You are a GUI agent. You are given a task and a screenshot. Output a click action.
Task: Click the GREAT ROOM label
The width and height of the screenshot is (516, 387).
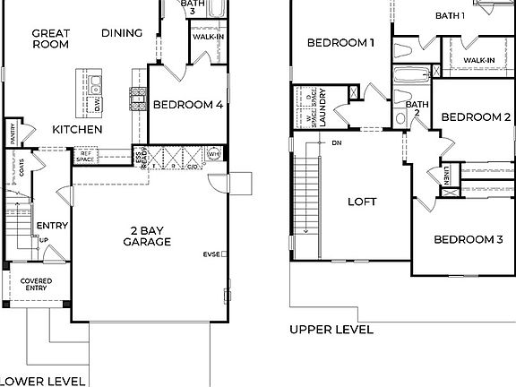[x=51, y=40]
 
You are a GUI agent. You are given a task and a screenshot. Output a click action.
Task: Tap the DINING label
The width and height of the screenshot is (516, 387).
[x=122, y=33]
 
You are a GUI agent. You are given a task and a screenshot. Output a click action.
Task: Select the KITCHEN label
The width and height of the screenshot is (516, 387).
[x=76, y=130]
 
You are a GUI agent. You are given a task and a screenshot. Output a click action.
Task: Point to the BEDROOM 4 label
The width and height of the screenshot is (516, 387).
[x=187, y=105]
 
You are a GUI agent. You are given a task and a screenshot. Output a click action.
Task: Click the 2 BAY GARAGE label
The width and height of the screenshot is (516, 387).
[x=148, y=236]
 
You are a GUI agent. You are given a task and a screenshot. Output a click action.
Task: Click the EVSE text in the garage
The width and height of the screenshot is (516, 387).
[x=212, y=254]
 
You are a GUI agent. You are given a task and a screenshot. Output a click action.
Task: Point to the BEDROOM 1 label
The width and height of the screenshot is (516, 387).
[x=340, y=42]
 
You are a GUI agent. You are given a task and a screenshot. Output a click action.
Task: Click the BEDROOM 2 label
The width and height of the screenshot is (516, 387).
[x=476, y=117]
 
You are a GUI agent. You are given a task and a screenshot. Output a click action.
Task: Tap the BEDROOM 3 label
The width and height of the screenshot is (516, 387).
[x=469, y=239]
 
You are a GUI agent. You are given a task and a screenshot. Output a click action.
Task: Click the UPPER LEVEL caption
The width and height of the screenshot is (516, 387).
[x=331, y=330]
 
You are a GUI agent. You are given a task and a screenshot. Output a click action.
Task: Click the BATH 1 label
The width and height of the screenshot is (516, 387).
[x=450, y=15]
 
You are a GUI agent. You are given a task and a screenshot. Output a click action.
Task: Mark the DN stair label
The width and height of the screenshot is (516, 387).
[x=337, y=142]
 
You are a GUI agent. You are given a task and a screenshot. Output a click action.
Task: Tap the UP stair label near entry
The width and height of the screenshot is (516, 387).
[x=43, y=240]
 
